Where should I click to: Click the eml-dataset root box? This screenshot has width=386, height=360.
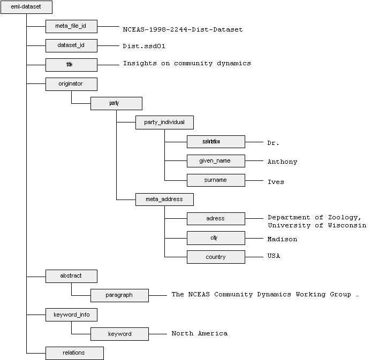26,8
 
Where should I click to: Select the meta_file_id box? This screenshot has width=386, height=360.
71,26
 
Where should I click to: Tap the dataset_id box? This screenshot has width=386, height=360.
71,45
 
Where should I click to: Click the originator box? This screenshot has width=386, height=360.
71,84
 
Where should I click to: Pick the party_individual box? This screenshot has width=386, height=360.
164,122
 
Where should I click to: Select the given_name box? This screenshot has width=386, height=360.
216,161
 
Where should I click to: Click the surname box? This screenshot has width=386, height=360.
216,180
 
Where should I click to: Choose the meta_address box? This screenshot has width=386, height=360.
164,200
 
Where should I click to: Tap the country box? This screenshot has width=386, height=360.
216,257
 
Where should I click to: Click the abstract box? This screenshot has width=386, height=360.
71,277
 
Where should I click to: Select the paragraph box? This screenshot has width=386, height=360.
119,295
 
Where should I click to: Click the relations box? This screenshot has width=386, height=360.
74,353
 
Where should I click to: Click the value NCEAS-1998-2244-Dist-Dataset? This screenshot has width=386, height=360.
183,29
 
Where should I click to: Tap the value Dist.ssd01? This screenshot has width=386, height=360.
146,47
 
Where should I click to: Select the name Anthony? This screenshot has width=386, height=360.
282,162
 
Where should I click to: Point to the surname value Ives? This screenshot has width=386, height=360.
276,182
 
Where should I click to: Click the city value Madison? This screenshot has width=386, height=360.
282,239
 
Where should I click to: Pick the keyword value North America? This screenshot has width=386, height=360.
199,333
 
